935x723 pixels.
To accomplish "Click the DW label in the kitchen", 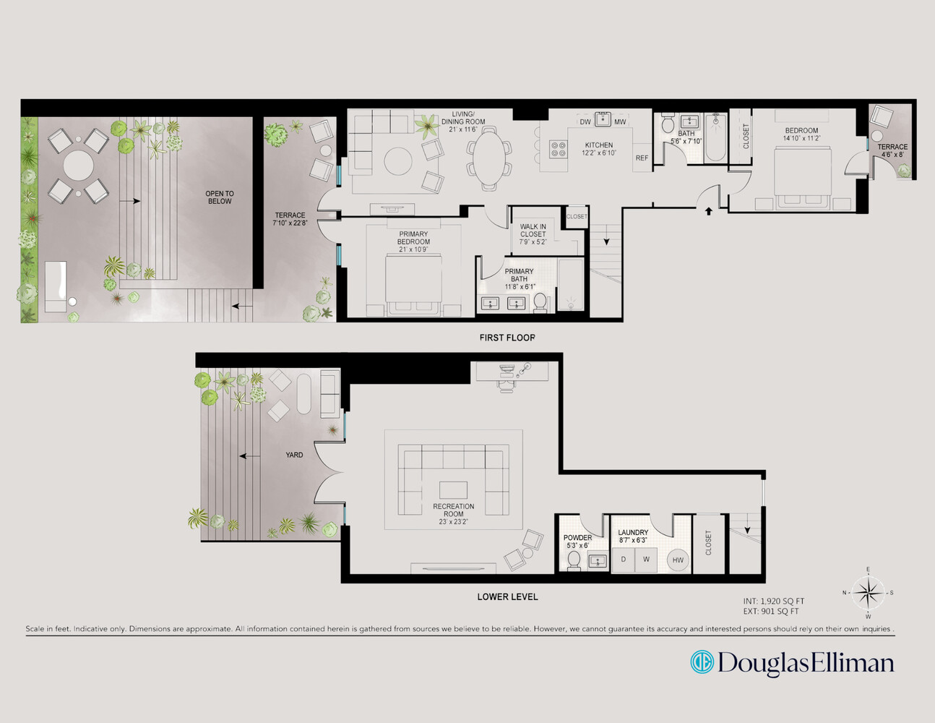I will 585,121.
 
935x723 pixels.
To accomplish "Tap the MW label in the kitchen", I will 620,121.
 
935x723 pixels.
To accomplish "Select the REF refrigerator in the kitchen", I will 642,158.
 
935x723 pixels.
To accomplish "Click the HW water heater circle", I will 678,560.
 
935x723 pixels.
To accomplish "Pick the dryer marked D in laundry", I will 623,560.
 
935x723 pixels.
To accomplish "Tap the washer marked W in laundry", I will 646,560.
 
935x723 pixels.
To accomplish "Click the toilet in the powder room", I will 574,560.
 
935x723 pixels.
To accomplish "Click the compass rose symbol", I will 868,593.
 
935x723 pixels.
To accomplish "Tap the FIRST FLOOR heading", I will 507,338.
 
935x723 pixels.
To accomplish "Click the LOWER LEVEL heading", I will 507,597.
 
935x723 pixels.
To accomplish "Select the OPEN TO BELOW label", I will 220,197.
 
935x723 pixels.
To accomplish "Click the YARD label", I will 294,455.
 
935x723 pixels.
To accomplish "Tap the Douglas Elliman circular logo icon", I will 701,662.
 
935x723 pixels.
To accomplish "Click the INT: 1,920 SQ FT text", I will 773,602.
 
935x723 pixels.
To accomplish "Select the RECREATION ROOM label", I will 454,510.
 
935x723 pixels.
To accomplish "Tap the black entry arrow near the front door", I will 709,211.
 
